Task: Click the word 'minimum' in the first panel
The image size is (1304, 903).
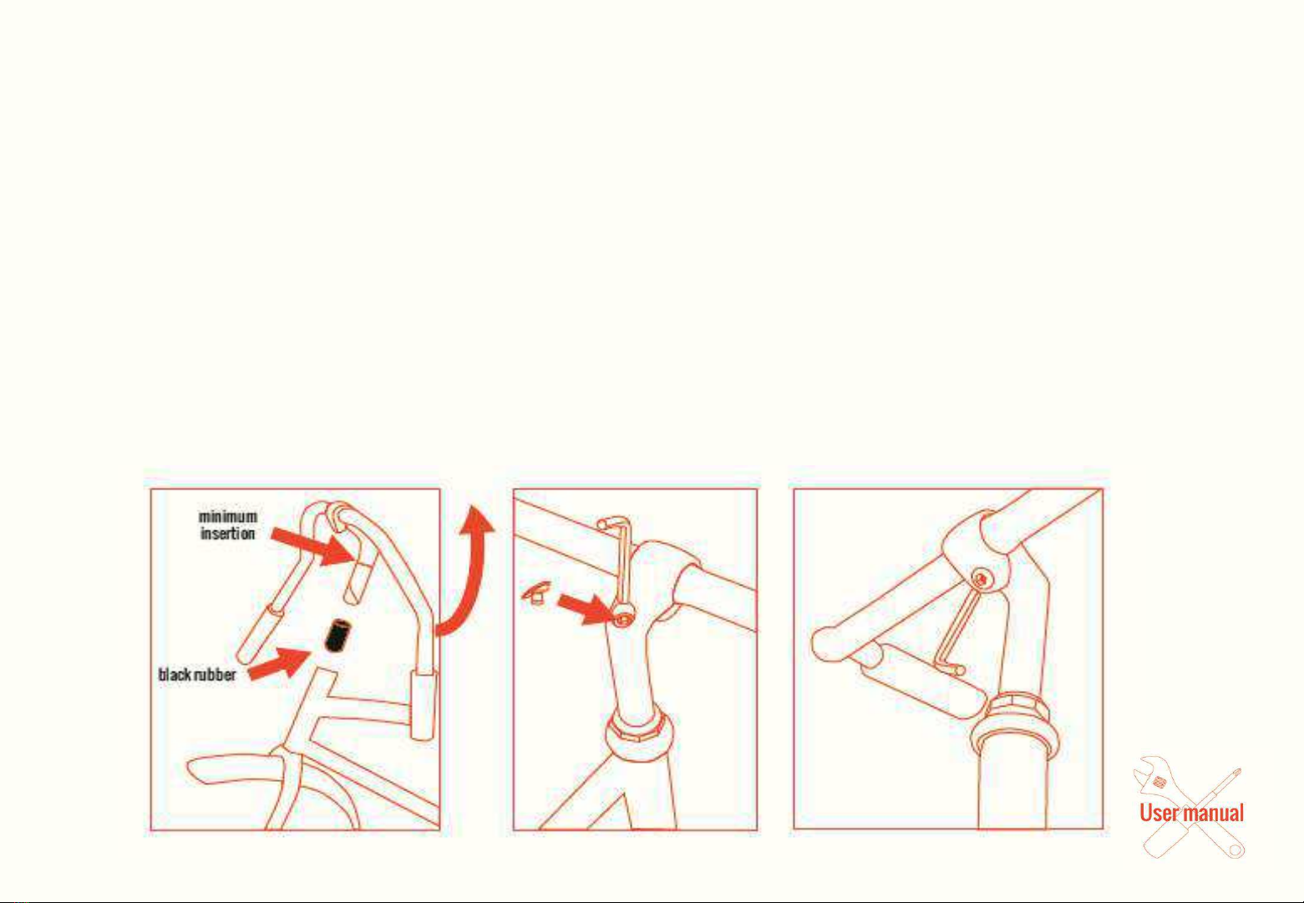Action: [227, 516]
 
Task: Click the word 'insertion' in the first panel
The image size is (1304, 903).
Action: [227, 533]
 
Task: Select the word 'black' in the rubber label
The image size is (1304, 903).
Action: [175, 675]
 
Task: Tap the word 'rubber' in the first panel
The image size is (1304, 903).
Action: [216, 675]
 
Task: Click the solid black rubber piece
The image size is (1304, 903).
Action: [337, 636]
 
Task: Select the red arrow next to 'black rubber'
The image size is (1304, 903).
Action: [279, 664]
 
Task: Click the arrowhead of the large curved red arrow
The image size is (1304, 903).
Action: [477, 520]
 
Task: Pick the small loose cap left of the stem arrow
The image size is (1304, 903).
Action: [536, 593]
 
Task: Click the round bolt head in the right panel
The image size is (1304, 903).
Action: [982, 579]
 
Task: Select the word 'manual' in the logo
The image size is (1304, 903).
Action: [1209, 813]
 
